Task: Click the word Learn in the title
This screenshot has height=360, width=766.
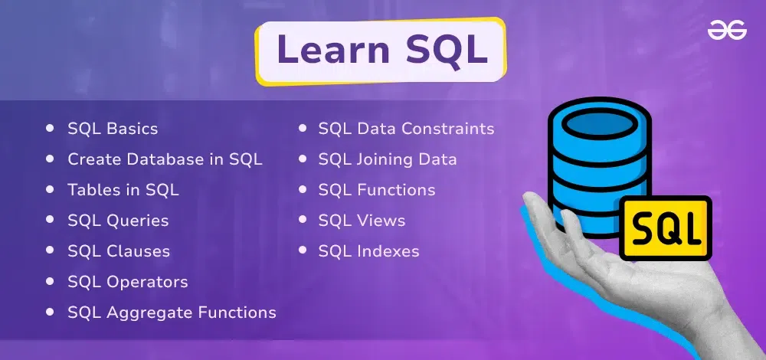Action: [333, 50]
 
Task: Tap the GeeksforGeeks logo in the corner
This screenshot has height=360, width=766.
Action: [727, 31]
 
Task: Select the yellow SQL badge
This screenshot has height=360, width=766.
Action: [666, 228]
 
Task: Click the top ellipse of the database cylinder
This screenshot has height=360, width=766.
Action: [600, 124]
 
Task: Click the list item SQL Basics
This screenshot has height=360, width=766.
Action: [113, 129]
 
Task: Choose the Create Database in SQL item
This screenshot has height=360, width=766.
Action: [165, 159]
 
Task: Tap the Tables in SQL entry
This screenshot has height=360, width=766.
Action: [123, 190]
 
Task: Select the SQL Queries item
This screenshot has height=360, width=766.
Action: [118, 221]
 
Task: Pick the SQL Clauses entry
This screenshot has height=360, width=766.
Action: [119, 251]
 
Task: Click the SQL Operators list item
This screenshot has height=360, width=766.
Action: [128, 283]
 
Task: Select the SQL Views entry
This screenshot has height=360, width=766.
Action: [362, 221]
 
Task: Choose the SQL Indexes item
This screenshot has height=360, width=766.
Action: [369, 251]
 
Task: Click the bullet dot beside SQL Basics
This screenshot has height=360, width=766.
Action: [50, 128]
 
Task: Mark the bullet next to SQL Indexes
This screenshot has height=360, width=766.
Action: [303, 250]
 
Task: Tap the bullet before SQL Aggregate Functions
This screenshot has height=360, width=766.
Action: [50, 312]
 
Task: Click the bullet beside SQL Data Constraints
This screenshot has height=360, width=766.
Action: [303, 128]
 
